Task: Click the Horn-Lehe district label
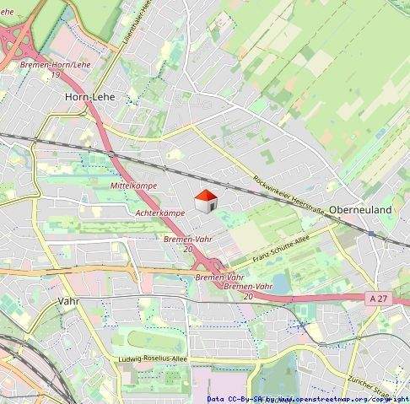click(89, 97)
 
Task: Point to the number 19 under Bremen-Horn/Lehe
click(55, 75)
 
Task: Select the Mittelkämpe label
click(133, 185)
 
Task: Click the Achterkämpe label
click(159, 213)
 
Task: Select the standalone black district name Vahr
click(68, 300)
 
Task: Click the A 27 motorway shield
click(378, 298)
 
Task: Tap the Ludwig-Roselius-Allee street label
click(153, 360)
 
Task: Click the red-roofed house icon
click(206, 202)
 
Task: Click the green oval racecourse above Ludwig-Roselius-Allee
click(148, 341)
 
